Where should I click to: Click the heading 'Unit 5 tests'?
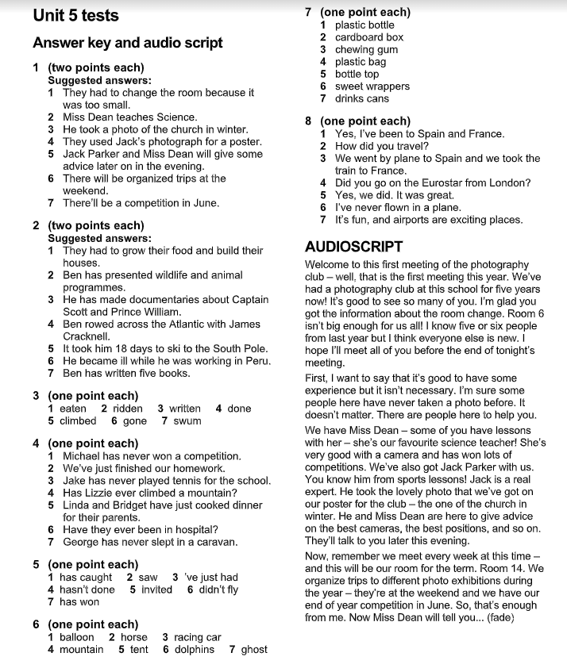[75, 15]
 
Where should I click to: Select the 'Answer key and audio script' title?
[127, 43]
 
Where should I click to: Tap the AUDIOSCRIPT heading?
[353, 247]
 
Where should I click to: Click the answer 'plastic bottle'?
[364, 25]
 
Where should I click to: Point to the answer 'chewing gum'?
[366, 49]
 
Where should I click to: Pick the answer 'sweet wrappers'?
[372, 86]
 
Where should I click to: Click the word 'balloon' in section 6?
[77, 637]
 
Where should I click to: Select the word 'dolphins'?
[195, 649]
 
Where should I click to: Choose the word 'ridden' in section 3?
[129, 409]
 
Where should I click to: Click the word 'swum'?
[187, 420]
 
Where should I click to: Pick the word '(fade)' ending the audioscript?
[499, 617]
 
